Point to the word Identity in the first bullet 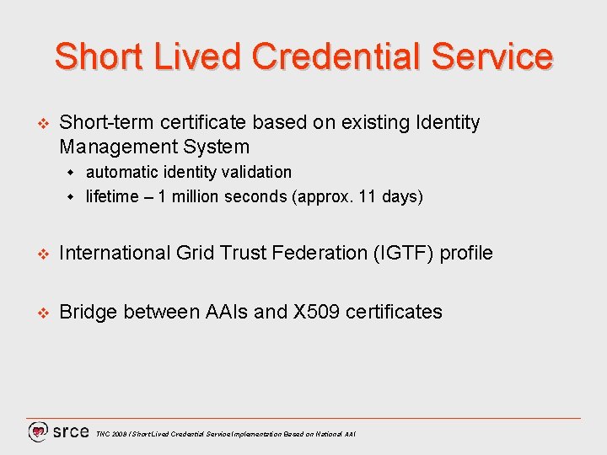coord(449,123)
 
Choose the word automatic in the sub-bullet coord(119,172)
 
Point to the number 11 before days coord(368,196)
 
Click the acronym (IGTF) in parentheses coord(404,253)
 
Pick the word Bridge coord(88,312)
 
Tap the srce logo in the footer coord(58,431)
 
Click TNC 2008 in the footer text coord(111,433)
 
